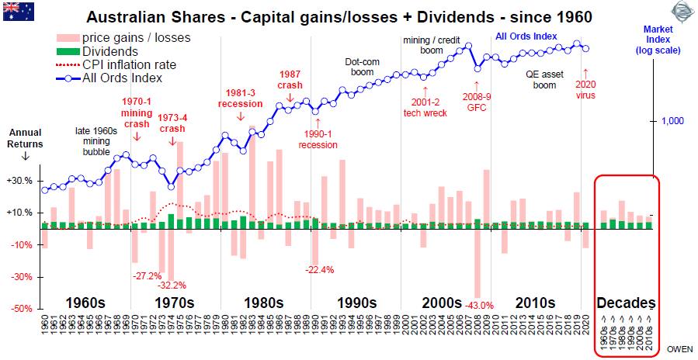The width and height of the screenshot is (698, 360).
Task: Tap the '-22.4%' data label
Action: click(319, 269)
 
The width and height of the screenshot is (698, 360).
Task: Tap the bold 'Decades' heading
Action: click(626, 302)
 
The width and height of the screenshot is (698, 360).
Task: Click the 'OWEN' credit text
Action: click(681, 349)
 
